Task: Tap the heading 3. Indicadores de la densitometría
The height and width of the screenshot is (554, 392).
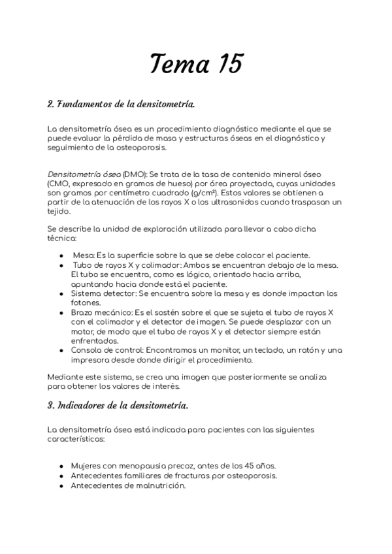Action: coord(118,406)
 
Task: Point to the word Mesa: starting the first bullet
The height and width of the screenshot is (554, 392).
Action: coord(84,254)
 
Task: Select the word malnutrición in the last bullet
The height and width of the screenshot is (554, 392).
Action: coord(160,485)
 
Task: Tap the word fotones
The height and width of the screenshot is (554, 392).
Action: coord(86,303)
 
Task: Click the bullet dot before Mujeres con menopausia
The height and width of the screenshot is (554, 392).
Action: coord(61,466)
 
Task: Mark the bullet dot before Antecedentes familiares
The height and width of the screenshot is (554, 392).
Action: coord(61,476)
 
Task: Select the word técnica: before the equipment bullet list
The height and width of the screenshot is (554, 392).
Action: coord(63,239)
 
